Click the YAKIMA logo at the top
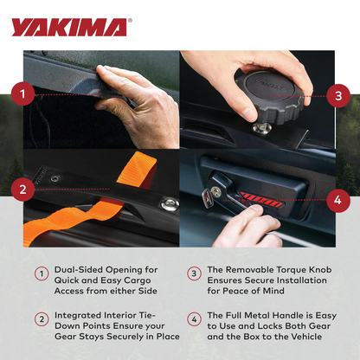(70, 27)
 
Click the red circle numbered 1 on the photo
(26, 93)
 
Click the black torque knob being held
(268, 94)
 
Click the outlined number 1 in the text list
(41, 273)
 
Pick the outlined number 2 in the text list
(41, 319)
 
